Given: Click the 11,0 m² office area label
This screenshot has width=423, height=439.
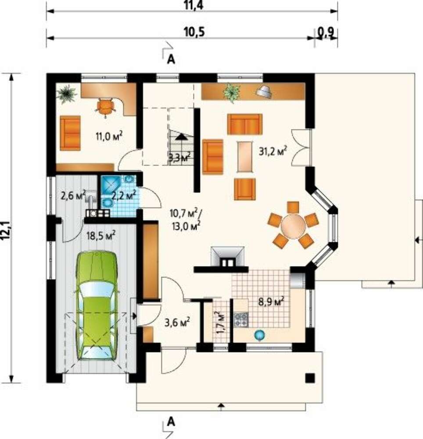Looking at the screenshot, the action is pyautogui.click(x=109, y=137).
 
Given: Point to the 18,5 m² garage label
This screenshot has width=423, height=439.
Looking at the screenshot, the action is pyautogui.click(x=101, y=236).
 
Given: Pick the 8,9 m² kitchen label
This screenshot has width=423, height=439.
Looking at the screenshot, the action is pyautogui.click(x=271, y=302).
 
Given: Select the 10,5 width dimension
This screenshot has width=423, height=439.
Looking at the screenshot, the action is pyautogui.click(x=194, y=32).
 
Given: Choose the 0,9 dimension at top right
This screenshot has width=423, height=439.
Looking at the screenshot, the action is pyautogui.click(x=326, y=32).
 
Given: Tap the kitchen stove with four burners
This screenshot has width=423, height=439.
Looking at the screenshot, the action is pyautogui.click(x=241, y=320).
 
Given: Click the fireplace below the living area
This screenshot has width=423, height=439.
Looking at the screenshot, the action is pyautogui.click(x=227, y=257).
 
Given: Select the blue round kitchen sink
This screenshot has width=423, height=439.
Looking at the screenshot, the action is pyautogui.click(x=259, y=335).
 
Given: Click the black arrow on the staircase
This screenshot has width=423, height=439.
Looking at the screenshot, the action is pyautogui.click(x=181, y=137).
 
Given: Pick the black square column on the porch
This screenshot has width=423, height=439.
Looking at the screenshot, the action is pyautogui.click(x=310, y=378).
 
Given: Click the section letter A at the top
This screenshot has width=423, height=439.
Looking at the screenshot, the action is pyautogui.click(x=171, y=59).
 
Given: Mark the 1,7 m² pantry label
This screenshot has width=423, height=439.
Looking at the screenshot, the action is pyautogui.click(x=220, y=322).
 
